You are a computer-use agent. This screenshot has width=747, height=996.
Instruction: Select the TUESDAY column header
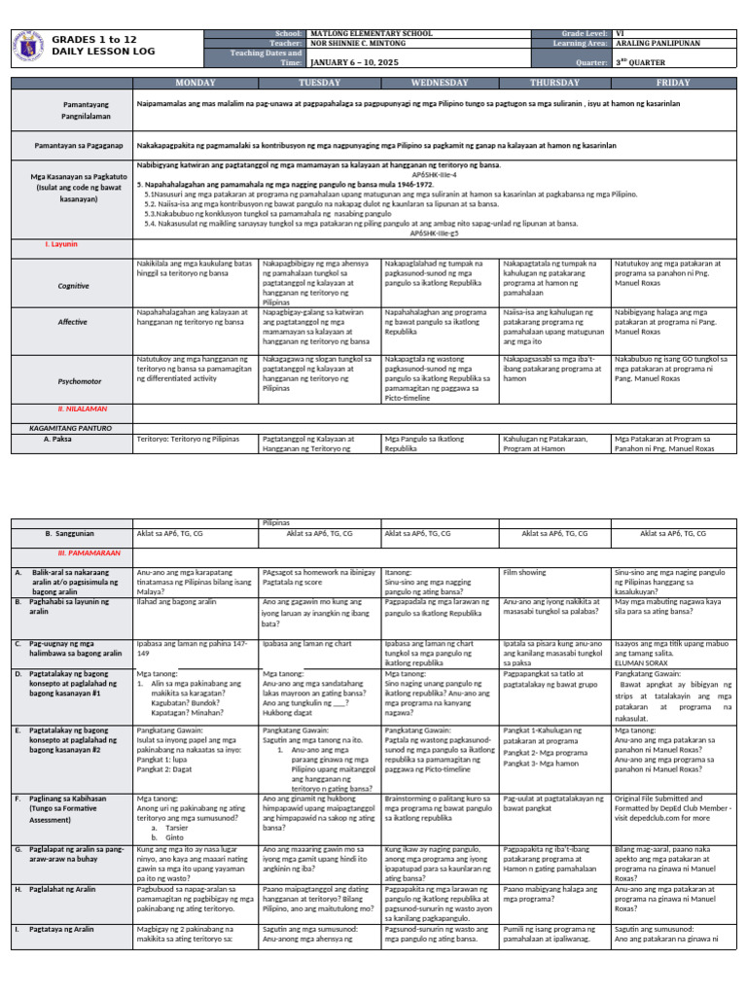click(319, 83)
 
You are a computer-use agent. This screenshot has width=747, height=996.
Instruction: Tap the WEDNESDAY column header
click(440, 83)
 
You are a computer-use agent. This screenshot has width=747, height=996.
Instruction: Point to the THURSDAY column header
click(553, 83)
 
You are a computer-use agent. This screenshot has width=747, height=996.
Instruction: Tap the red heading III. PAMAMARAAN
click(70, 552)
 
